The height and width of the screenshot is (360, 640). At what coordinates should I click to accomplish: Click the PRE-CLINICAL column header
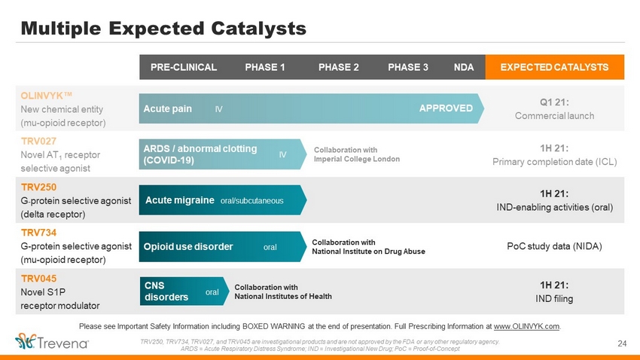pyautogui.click(x=184, y=67)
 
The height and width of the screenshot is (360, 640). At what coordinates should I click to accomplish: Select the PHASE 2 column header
pyautogui.click(x=338, y=67)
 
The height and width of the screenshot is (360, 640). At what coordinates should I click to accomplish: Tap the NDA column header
pyautogui.click(x=464, y=67)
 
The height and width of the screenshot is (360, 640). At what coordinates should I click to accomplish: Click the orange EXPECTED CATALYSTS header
pyautogui.click(x=555, y=67)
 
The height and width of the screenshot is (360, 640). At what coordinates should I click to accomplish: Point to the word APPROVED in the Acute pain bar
pyautogui.click(x=446, y=108)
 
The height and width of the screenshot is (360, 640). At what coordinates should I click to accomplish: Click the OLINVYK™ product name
pyautogui.click(x=47, y=96)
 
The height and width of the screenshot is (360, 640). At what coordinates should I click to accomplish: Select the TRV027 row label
pyautogui.click(x=38, y=142)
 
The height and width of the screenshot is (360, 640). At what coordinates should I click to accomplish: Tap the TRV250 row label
pyautogui.click(x=38, y=187)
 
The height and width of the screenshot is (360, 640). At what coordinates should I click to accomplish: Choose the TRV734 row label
pyautogui.click(x=38, y=233)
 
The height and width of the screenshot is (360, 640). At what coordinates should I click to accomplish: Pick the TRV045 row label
pyautogui.click(x=38, y=279)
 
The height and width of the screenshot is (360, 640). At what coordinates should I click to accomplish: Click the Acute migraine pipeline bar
pyautogui.click(x=223, y=200)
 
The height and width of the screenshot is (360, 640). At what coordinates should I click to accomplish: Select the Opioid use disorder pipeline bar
pyautogui.click(x=223, y=246)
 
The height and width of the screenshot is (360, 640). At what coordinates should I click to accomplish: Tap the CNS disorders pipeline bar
pyautogui.click(x=184, y=291)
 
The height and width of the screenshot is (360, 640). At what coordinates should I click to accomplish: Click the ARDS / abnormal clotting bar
pyautogui.click(x=223, y=154)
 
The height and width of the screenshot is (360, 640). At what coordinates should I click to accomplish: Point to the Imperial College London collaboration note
pyautogui.click(x=357, y=154)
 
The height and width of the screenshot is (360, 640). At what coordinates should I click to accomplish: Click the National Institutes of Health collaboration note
pyautogui.click(x=283, y=291)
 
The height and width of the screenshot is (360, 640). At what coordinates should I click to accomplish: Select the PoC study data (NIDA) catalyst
pyautogui.click(x=554, y=246)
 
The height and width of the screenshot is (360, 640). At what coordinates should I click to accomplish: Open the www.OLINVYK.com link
pyautogui.click(x=526, y=326)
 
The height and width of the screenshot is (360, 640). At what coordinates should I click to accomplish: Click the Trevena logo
pyautogui.click(x=52, y=341)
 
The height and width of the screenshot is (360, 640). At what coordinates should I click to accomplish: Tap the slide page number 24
pyautogui.click(x=622, y=343)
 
